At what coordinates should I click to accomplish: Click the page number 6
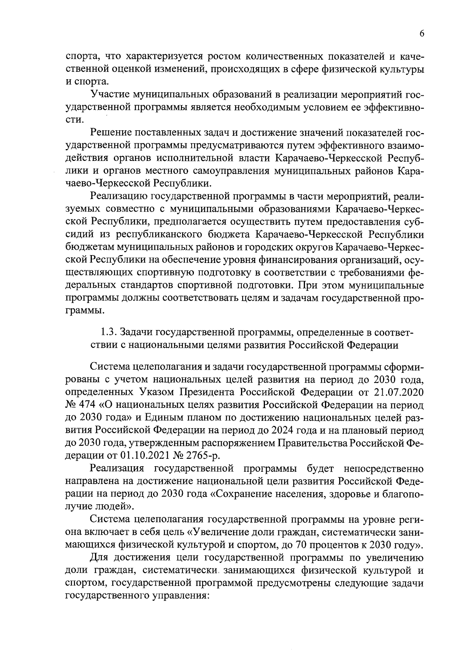[x=422, y=34]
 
